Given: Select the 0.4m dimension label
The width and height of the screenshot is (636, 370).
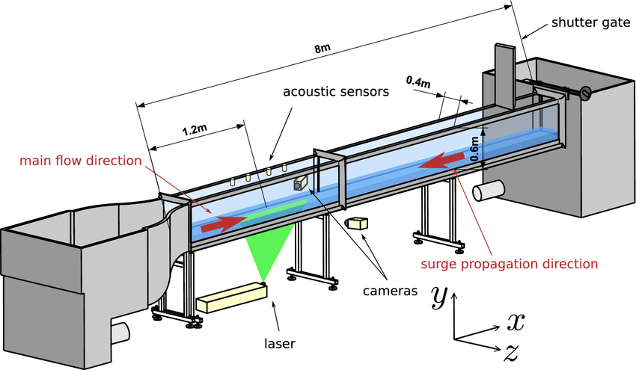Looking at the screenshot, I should coord(418,81).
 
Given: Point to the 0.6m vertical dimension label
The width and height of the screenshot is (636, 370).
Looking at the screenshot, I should coord(474,147).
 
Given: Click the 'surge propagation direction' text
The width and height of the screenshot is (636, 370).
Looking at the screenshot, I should coord(510,264).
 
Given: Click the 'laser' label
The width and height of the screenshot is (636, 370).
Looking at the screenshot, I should coord(280,344).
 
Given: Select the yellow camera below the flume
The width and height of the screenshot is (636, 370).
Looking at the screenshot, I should coord(357,223).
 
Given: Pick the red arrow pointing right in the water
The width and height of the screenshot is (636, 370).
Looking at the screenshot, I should coord(224,221).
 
